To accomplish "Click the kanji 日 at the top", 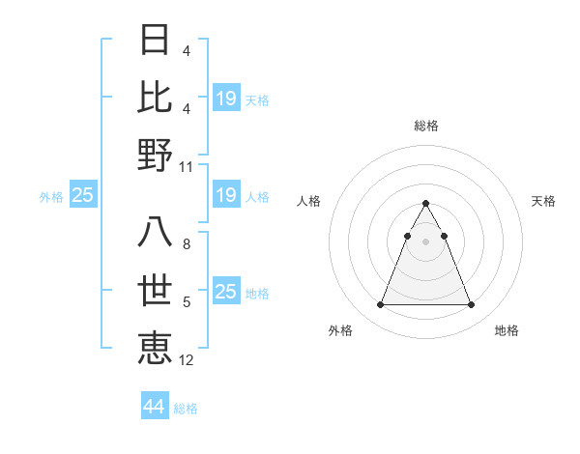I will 156,40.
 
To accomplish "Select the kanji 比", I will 156,97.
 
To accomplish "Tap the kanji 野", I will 156,154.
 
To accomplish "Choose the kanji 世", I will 156,290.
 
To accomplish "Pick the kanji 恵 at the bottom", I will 156,347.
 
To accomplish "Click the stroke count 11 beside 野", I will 188,166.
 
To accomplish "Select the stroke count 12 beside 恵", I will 188,360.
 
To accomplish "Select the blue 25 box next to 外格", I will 83,196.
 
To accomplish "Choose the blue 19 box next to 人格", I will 225,196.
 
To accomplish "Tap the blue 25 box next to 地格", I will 225,292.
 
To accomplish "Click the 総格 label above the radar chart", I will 426,126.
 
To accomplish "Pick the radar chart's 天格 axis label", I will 544,201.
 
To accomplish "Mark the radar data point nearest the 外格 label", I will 380,305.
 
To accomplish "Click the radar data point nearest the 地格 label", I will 472,305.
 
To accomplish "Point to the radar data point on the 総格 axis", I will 426,204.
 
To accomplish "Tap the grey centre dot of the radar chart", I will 426,241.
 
